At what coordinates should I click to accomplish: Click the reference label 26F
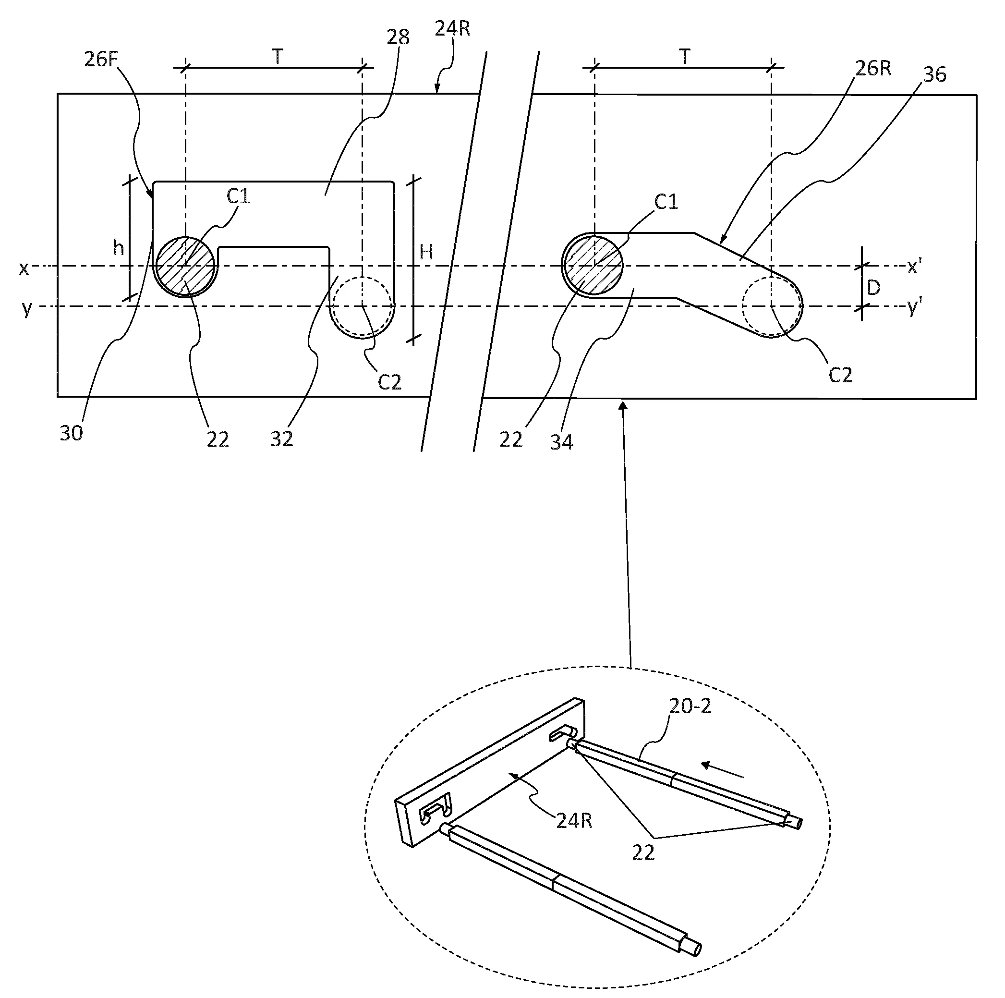coord(101,60)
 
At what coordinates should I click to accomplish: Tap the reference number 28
coord(398,37)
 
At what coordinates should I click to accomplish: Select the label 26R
coord(873,69)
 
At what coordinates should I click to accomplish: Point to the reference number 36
coord(935,75)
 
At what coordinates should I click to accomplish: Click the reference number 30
coord(71,433)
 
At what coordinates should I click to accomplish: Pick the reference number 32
coord(281,439)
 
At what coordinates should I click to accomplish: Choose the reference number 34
coord(562,442)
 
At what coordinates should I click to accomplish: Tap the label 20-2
coord(690,706)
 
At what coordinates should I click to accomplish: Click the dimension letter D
coord(873,288)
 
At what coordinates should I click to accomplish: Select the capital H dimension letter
coord(426,254)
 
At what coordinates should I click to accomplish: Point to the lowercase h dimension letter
coord(119,248)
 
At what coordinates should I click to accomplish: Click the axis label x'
coord(914,267)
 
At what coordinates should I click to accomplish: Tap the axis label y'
coord(914,307)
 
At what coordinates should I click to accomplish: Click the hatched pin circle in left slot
coord(185,266)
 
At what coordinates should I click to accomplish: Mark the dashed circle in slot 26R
coord(772,307)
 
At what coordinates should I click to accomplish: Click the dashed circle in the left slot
coord(363,306)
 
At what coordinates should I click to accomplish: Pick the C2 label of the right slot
coord(840,375)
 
